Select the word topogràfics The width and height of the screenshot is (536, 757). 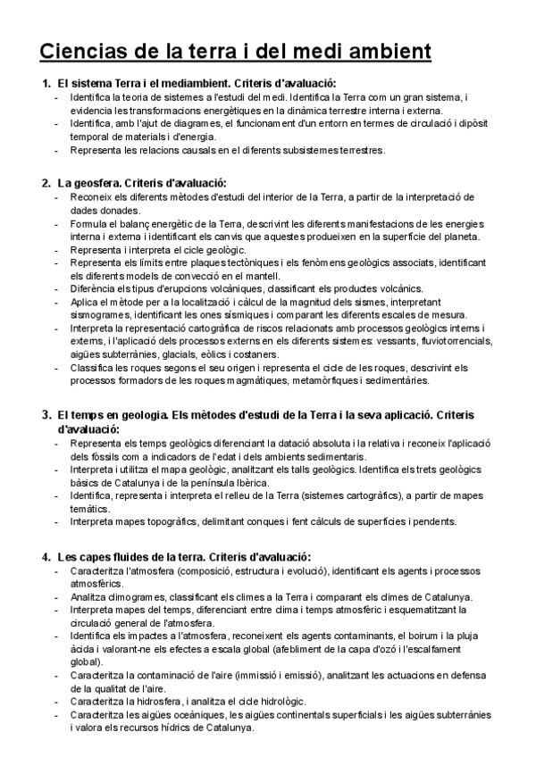click(173, 521)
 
